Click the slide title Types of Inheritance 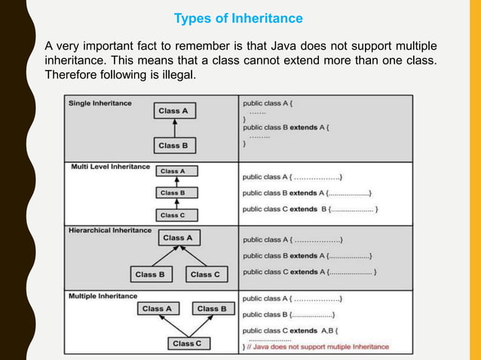click(x=238, y=18)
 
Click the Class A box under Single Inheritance click(x=173, y=111)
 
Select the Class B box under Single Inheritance click(x=173, y=145)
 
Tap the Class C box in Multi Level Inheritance click(x=173, y=215)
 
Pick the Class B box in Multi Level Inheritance click(x=173, y=193)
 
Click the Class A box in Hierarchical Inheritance click(x=178, y=238)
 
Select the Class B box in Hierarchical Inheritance click(x=150, y=274)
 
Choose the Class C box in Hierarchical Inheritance click(x=205, y=274)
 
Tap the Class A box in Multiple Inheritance click(x=157, y=309)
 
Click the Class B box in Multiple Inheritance click(x=212, y=309)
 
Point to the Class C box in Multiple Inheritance click(x=187, y=343)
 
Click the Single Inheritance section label click(x=100, y=102)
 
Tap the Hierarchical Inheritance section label click(x=110, y=230)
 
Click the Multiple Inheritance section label click(x=103, y=296)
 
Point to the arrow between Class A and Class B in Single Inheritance click(x=173, y=128)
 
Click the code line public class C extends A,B click(x=290, y=330)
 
